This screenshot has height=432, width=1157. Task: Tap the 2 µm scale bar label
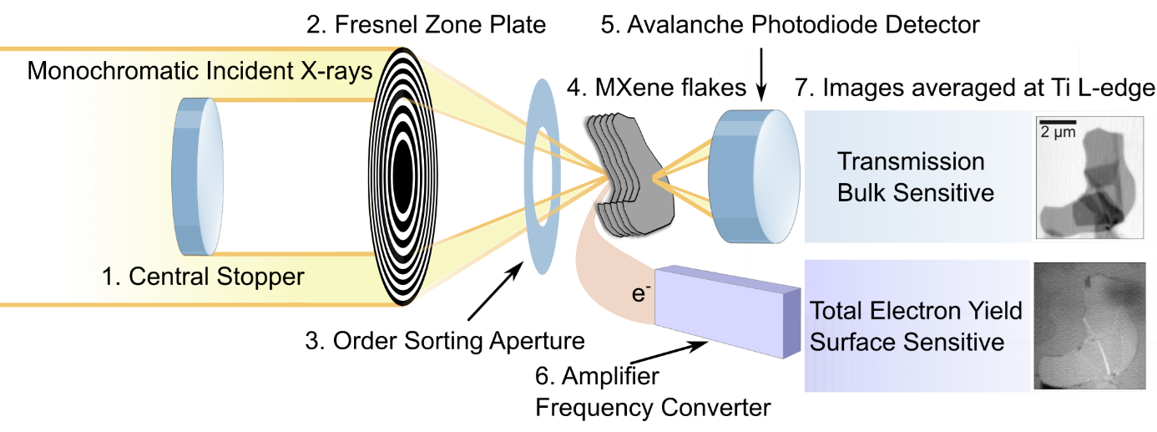(x=1057, y=132)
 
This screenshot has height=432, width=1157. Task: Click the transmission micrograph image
(x=1087, y=176)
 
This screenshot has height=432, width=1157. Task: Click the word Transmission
(x=911, y=161)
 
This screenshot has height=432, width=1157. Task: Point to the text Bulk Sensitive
(x=916, y=192)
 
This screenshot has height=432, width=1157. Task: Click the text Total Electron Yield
(x=917, y=312)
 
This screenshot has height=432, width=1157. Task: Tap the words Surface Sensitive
(x=907, y=342)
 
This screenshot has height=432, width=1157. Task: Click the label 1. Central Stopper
(x=203, y=276)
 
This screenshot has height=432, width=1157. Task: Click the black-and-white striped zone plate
(x=402, y=175)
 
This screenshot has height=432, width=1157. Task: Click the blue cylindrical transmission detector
(x=751, y=178)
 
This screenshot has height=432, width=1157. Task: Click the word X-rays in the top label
(x=336, y=71)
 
